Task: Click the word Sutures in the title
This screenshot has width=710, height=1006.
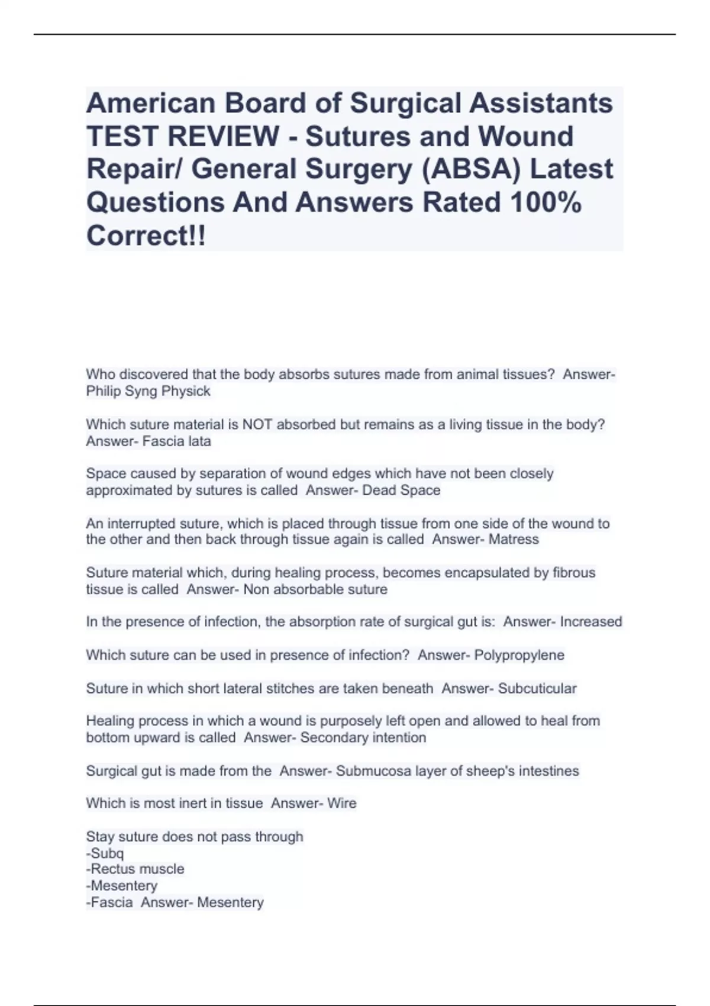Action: pos(357,136)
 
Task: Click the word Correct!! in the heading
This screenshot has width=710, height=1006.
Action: pos(147,236)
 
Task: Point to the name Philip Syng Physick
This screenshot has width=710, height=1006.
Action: pos(148,391)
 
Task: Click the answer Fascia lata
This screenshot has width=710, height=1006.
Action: pos(177,441)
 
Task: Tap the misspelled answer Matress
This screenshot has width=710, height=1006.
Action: pos(514,539)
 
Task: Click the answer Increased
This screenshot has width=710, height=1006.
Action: pos(591,621)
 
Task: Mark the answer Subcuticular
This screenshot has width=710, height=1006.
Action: pos(537,688)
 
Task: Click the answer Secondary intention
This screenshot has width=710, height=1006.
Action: pos(363,737)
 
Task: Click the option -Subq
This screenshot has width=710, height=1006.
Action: pos(105,853)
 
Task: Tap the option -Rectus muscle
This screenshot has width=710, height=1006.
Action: pos(135,869)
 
